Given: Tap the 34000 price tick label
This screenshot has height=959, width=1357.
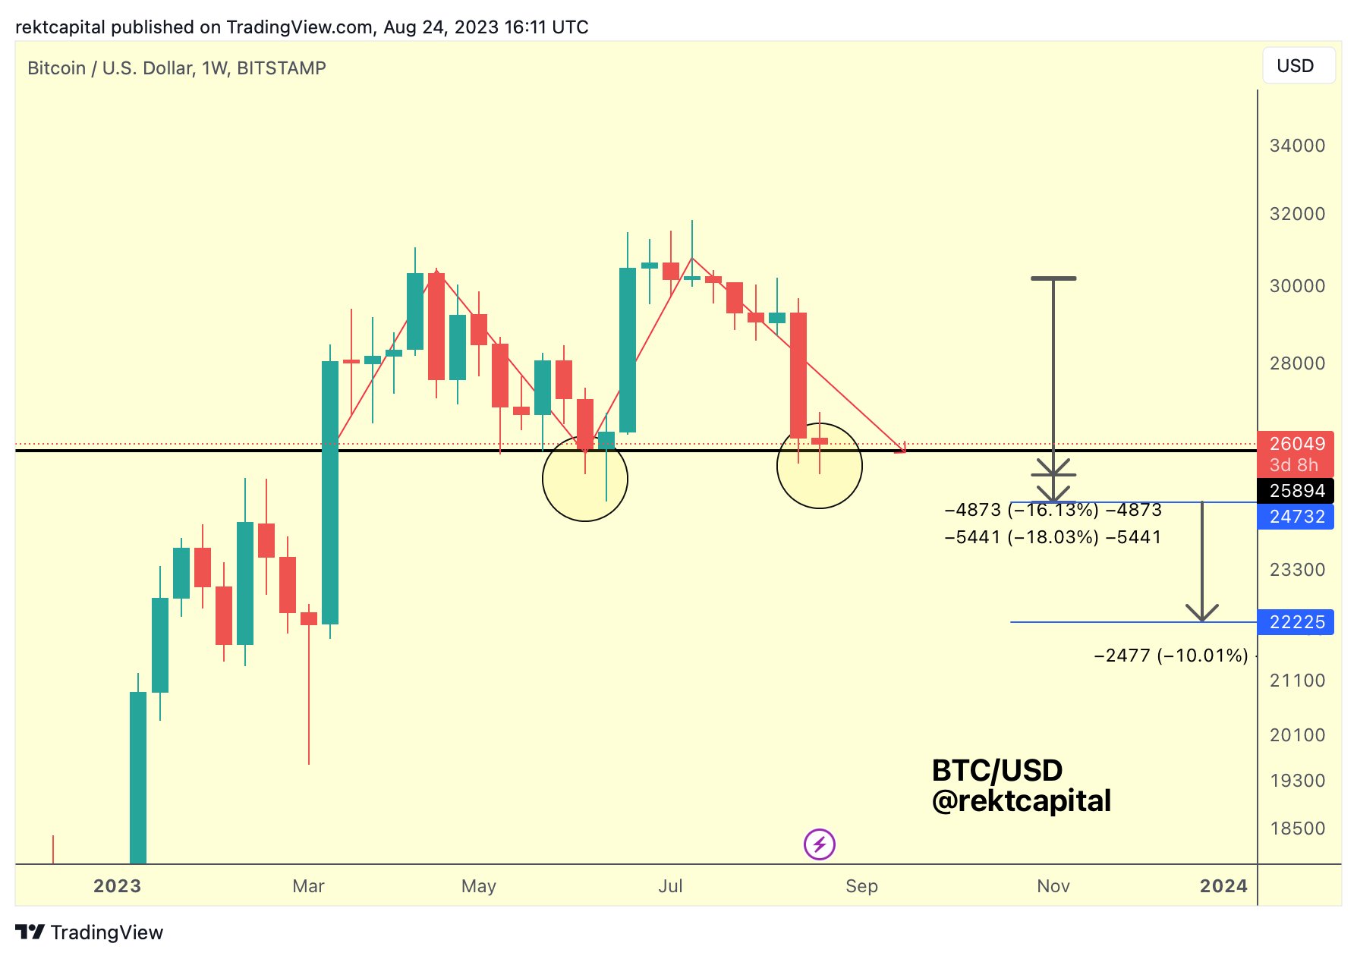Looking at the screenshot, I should point(1297,146).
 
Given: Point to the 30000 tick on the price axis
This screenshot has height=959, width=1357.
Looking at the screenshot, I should point(1297,286).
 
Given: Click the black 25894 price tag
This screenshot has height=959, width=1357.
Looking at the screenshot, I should point(1296,491).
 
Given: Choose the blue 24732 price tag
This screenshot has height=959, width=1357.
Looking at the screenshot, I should point(1296,517).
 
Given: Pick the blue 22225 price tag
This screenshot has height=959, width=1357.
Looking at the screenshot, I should point(1296,622).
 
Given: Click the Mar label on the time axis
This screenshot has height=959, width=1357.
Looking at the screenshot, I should point(308,886).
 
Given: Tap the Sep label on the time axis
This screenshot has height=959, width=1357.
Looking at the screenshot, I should point(861,886).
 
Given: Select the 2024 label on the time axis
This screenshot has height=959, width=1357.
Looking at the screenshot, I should point(1223,886).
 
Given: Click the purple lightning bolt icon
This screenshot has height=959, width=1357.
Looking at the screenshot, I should point(820,844).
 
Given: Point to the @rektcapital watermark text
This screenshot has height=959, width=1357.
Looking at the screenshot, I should point(1021,801).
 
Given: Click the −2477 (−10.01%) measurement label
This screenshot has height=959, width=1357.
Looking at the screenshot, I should point(1170,656).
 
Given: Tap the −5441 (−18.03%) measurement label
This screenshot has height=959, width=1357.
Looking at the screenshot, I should point(1053,537).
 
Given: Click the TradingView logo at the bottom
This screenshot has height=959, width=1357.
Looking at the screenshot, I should point(90,932).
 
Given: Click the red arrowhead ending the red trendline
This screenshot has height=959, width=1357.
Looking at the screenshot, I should point(902,449).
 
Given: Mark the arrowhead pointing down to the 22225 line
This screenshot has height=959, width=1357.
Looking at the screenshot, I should point(1202,614).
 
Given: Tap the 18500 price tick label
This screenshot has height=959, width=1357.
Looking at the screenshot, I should point(1297,829).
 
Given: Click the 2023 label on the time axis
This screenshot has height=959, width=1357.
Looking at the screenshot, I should point(117,886).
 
